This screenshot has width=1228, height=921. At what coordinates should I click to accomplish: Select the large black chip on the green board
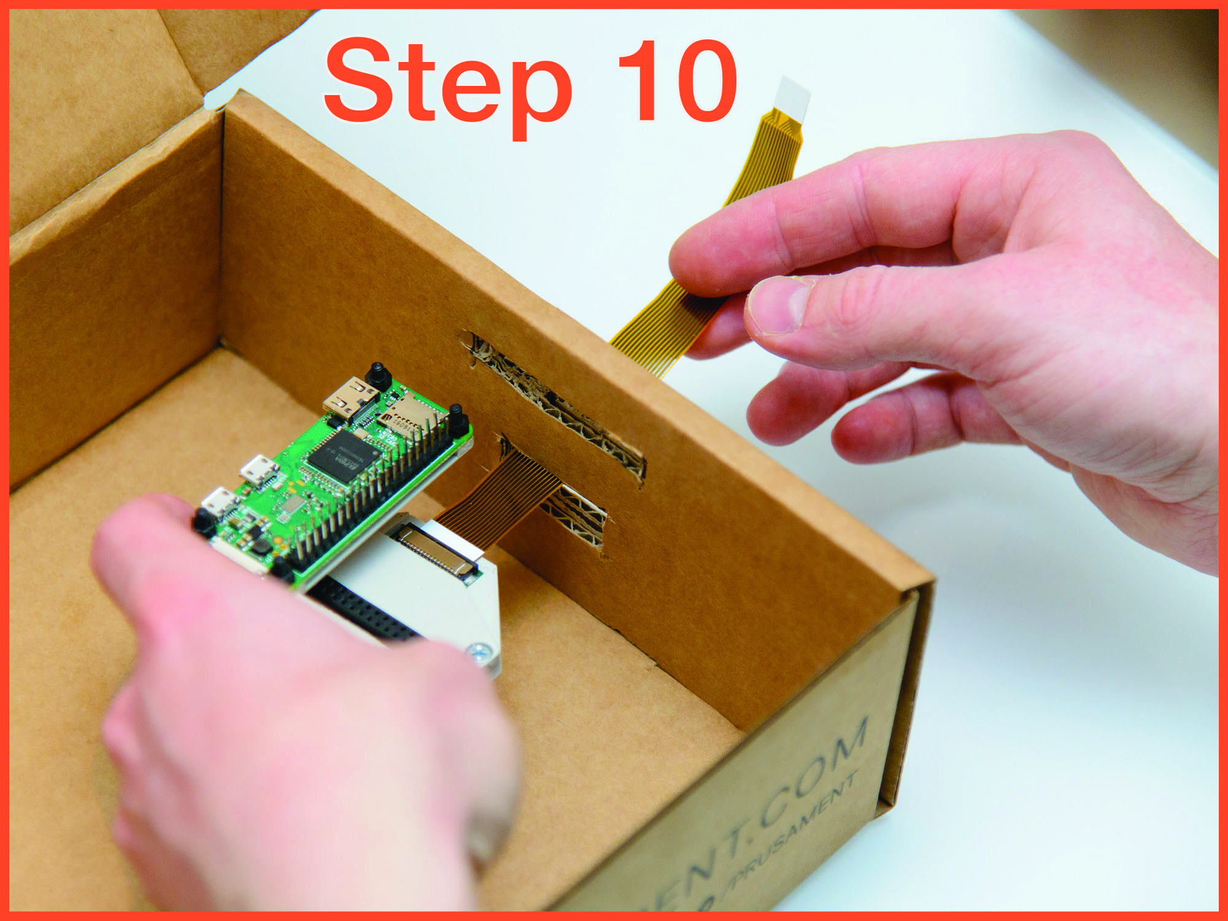341,457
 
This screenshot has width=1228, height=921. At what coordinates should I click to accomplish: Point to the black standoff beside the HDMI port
377,376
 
